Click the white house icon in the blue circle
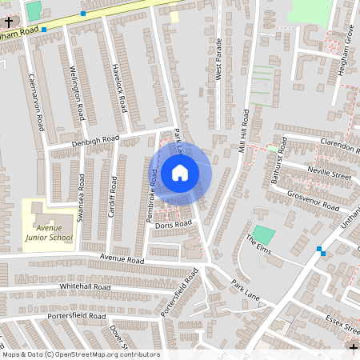coord(179,172)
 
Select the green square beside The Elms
coord(266,235)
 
